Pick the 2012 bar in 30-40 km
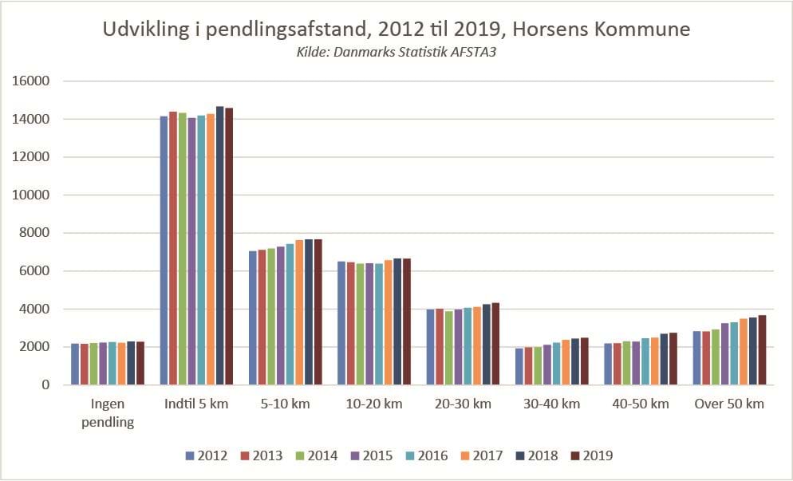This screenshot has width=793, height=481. [x=519, y=366]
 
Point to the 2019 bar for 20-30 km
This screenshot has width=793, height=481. [x=495, y=344]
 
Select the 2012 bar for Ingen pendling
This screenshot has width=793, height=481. [x=75, y=365]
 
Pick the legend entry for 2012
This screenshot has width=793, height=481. [x=206, y=456]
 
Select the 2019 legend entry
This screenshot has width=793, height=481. [x=590, y=456]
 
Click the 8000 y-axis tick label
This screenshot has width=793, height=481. [x=35, y=233]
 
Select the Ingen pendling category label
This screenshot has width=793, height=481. [x=108, y=412]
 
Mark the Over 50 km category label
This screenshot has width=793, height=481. [x=728, y=404]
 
